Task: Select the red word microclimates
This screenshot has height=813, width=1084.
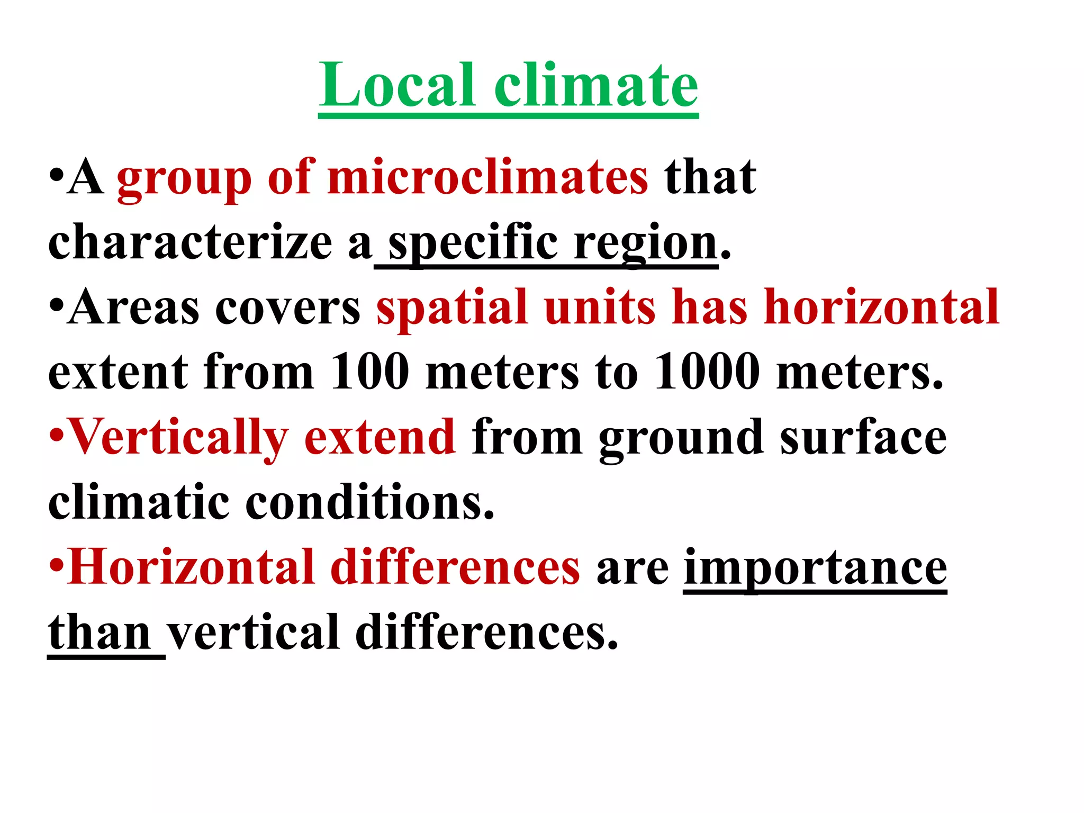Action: click(x=487, y=177)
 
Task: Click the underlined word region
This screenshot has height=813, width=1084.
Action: click(x=646, y=245)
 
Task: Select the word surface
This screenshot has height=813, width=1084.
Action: click(x=863, y=438)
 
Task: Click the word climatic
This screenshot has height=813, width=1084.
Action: click(x=139, y=502)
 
